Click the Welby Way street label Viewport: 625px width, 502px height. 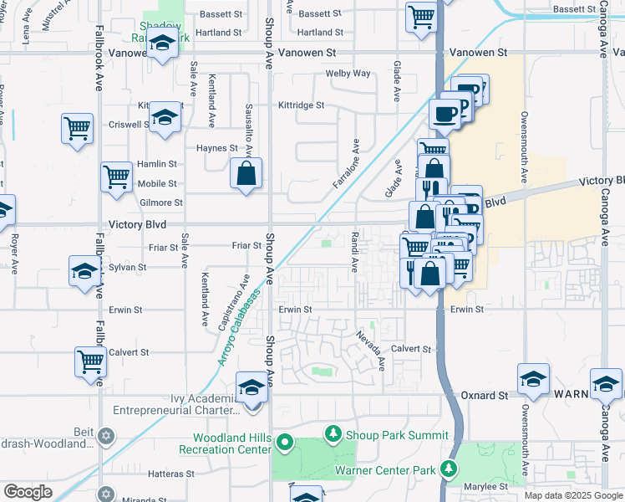coord(348,74)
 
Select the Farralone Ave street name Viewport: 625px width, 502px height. coord(346,165)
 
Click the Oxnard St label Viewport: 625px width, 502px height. coord(485,394)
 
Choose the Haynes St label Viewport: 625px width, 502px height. coord(217,148)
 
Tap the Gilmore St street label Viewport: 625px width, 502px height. coord(161,202)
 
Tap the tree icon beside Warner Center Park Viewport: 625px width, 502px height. coord(450,469)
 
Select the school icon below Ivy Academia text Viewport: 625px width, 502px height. coord(252,387)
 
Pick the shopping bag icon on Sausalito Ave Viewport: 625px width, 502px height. coord(246,174)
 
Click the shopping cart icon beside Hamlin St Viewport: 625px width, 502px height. coord(116,177)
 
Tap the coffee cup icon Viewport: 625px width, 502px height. coord(444,113)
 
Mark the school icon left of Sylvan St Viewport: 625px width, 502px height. coord(84,272)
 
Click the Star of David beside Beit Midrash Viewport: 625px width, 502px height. coord(105,435)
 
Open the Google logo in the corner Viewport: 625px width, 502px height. coord(28,492)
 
